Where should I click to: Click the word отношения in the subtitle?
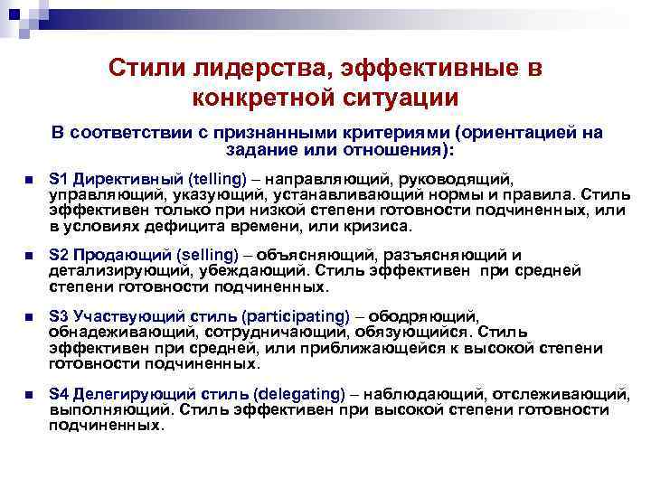pyautogui.click(x=394, y=149)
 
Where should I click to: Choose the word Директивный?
pyautogui.click(x=116, y=177)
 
